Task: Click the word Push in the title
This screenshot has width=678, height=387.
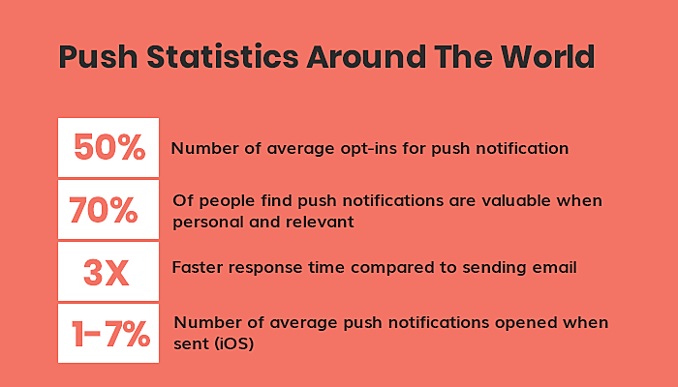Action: [x=98, y=57]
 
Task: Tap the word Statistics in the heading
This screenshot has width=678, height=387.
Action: [x=223, y=56]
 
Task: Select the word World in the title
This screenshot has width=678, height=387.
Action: [x=548, y=56]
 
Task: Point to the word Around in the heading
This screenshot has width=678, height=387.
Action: [x=367, y=56]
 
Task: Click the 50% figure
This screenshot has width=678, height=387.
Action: [x=109, y=147]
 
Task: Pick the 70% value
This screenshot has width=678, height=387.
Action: [x=104, y=210]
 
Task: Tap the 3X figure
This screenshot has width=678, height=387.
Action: [x=107, y=273]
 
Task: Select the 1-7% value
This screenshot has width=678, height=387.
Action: [x=110, y=334]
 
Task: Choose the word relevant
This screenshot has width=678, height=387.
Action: [x=320, y=222]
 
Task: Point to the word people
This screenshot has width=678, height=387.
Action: [x=227, y=201]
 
